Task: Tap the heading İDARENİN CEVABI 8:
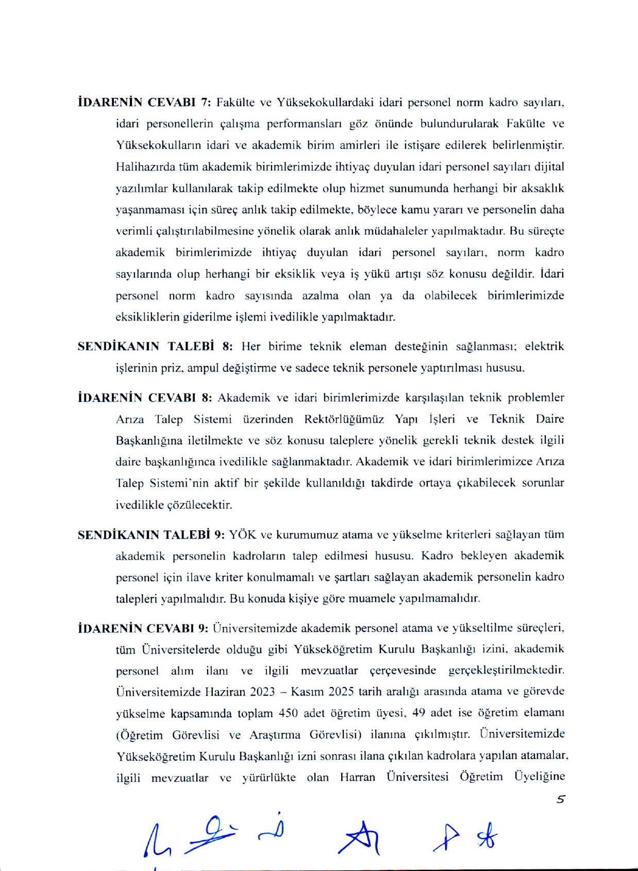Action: tap(144, 397)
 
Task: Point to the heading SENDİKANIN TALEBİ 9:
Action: tap(151, 534)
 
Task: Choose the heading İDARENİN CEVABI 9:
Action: tap(143, 628)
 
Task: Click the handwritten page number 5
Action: tap(561, 799)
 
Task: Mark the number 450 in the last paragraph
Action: tap(289, 713)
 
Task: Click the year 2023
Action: tap(263, 692)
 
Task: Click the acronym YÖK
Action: tap(243, 534)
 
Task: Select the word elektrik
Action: tap(544, 346)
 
